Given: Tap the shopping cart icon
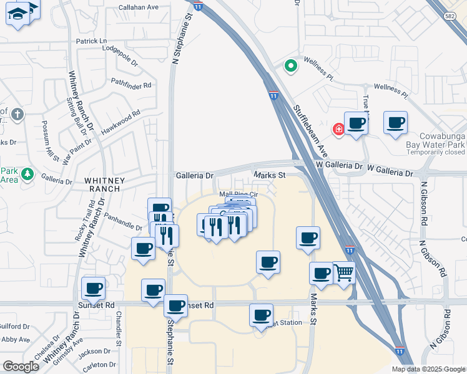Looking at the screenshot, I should (344, 273).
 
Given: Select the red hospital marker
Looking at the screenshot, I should (338, 129).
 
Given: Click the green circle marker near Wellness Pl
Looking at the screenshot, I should (290, 65).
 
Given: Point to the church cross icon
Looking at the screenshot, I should (17, 115).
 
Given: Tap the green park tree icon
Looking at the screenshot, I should (27, 174).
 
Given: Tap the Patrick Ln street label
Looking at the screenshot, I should (92, 41).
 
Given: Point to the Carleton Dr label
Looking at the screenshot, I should (99, 365).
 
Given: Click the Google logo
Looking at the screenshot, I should (21, 367).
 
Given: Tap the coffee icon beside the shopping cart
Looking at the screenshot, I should (322, 273).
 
